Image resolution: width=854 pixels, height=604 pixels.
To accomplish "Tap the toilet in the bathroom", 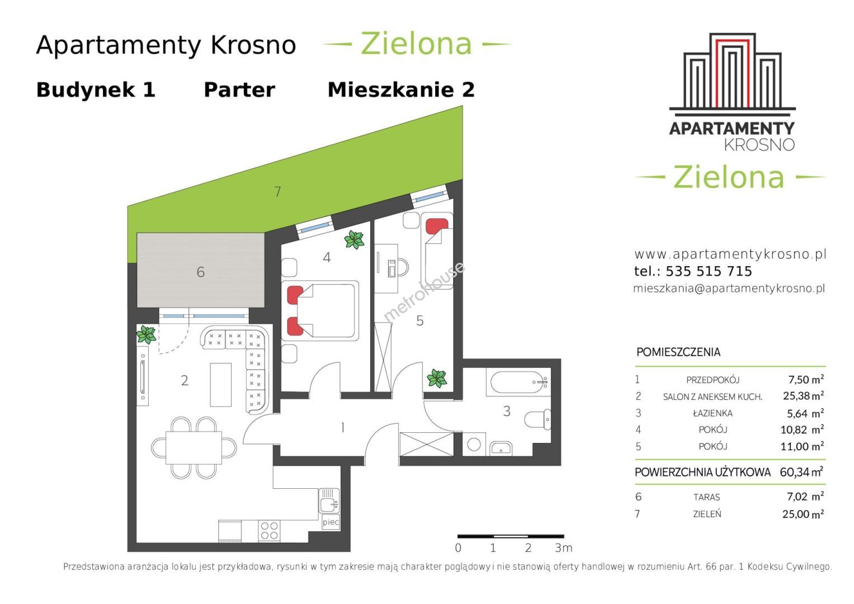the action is click(537, 419).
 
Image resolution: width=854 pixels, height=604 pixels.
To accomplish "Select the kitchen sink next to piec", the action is click(329, 500).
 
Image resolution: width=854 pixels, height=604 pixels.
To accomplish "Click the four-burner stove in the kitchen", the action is click(269, 531).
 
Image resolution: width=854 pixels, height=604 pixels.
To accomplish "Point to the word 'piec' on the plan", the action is click(331, 522).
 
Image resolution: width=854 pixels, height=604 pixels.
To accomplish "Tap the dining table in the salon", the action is click(194, 447).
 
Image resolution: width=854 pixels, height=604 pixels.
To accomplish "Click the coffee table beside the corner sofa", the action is click(221, 384).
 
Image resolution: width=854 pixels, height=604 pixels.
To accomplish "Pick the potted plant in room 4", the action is click(354, 240).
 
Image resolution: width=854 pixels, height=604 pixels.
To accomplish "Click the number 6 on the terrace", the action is click(201, 272).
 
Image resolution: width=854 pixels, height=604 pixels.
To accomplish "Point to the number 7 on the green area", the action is click(277, 191).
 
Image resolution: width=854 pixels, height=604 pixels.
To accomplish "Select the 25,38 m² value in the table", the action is click(803, 396).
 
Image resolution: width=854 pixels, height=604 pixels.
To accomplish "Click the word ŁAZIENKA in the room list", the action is click(713, 413).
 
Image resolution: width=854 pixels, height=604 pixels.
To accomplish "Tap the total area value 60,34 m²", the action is click(801, 472).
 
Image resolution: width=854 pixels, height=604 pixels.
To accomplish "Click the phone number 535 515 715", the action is click(709, 271).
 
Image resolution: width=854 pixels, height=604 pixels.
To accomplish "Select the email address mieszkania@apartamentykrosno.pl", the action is click(729, 288).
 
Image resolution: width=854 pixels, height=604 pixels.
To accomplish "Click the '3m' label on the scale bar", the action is click(564, 548).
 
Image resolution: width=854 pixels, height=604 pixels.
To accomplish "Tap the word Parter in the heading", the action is click(239, 91).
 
